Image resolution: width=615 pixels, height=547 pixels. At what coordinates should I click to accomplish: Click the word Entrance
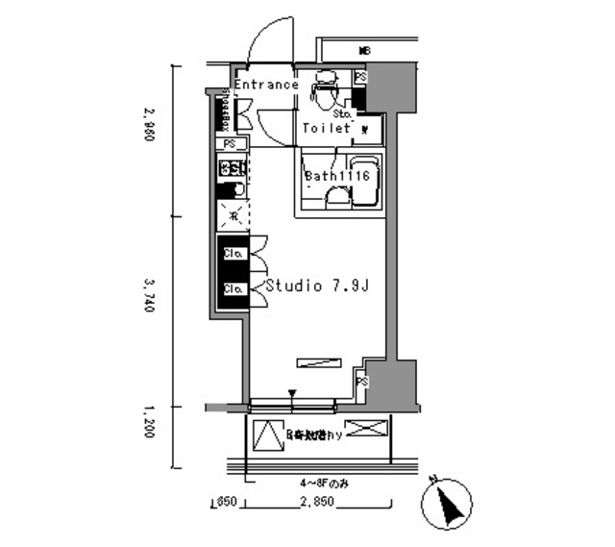pyautogui.click(x=266, y=85)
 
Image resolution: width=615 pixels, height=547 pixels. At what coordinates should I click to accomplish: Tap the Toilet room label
pyautogui.click(x=327, y=128)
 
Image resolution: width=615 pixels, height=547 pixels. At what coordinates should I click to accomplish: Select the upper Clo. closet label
pyautogui.click(x=232, y=254)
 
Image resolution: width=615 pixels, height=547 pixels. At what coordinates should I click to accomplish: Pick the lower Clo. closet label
pyautogui.click(x=232, y=288)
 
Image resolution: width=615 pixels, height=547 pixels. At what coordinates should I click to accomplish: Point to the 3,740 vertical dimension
pyautogui.click(x=145, y=301)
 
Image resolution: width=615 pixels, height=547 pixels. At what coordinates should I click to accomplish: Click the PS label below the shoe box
pyautogui.click(x=229, y=144)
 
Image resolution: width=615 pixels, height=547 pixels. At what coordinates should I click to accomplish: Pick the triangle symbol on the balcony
pyautogui.click(x=264, y=435)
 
